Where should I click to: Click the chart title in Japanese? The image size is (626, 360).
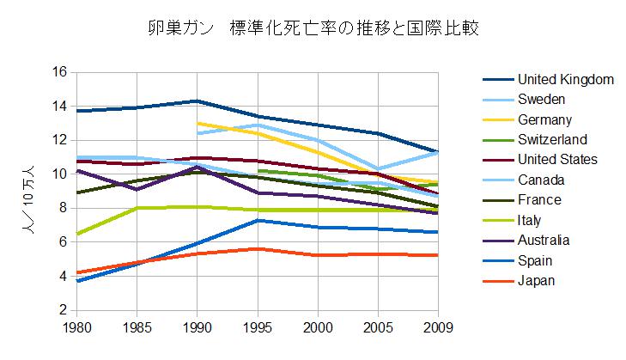point(313,28)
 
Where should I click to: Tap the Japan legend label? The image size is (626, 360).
point(537,280)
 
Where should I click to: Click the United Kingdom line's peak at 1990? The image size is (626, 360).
point(198,101)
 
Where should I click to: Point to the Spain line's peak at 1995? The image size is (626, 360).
point(258,220)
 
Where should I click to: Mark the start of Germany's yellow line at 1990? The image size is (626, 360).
point(198,123)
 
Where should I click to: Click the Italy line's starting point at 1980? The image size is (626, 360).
point(76,234)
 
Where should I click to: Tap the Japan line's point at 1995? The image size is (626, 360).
point(258,249)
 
